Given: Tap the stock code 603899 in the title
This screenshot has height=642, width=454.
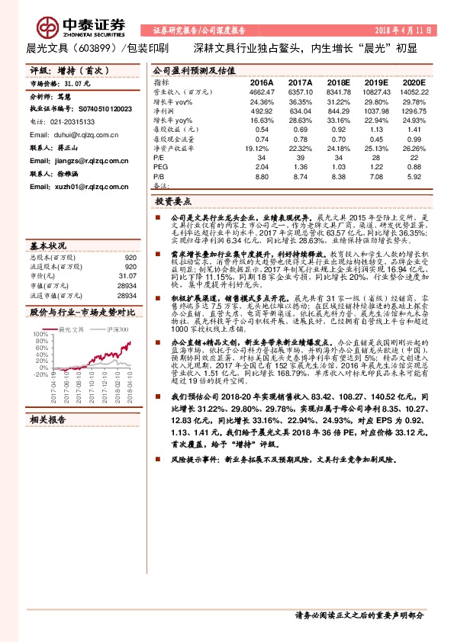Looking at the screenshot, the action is pos(94,48).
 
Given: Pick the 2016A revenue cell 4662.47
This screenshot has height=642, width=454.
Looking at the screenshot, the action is pos(261,91).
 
